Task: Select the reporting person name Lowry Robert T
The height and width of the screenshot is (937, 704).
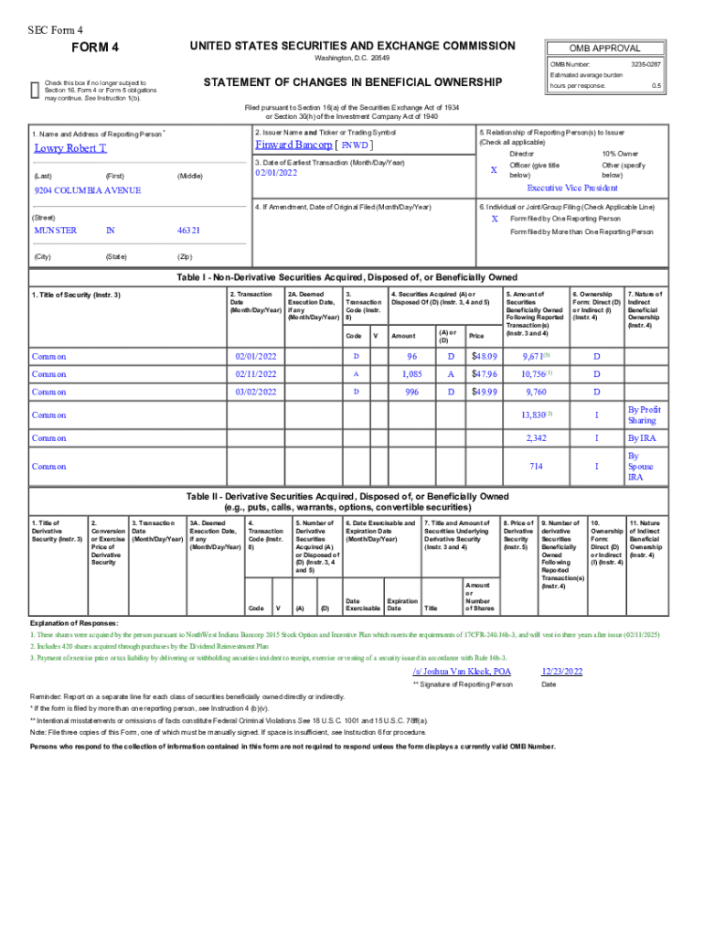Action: click(70, 147)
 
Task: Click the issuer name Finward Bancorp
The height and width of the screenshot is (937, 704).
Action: click(293, 145)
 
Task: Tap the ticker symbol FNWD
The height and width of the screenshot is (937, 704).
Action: click(356, 145)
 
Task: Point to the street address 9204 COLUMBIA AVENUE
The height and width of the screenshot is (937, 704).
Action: click(87, 190)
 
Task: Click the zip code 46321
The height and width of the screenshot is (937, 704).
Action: click(188, 231)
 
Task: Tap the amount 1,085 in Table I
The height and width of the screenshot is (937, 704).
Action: click(411, 373)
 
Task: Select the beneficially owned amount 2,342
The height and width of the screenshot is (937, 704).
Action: click(536, 438)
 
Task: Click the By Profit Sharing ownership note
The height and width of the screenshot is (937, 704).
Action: click(644, 415)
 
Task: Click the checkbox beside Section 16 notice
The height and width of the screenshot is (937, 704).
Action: click(35, 88)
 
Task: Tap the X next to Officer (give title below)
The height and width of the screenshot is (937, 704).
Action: click(494, 170)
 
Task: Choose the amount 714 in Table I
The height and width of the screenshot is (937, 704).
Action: click(536, 467)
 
